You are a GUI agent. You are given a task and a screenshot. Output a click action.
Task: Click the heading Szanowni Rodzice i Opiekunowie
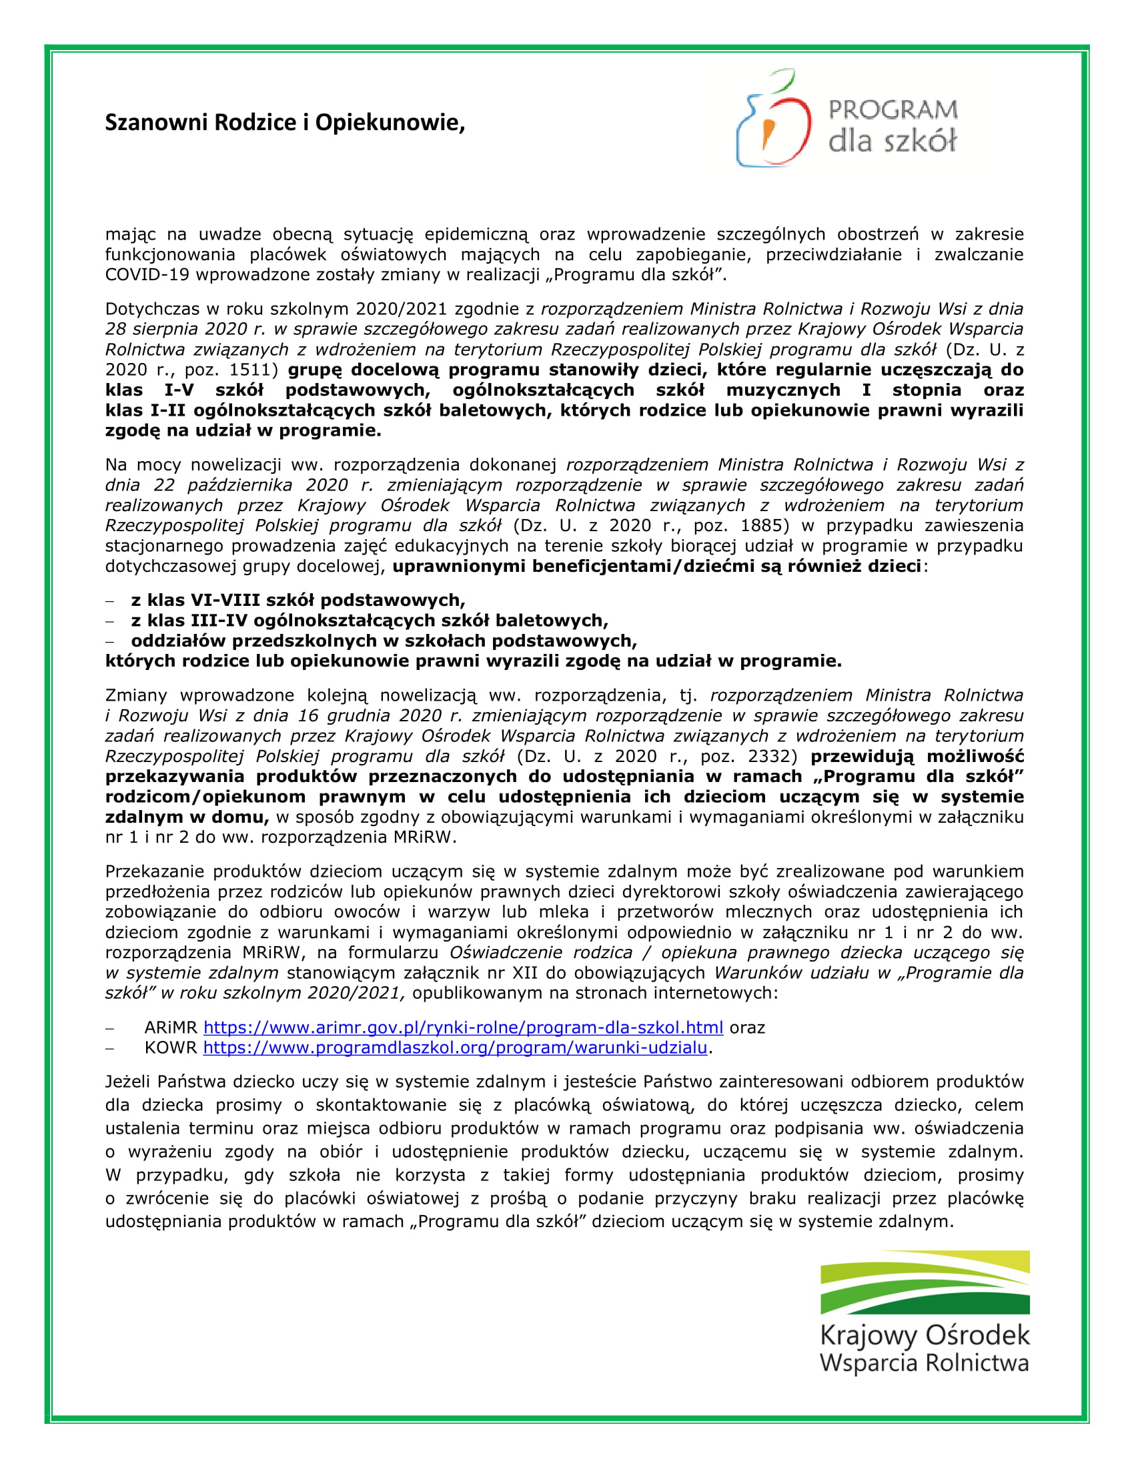[285, 123]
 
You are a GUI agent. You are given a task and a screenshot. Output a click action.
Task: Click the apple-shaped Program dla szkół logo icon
[773, 119]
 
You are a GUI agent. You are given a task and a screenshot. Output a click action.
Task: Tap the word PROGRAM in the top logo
[893, 110]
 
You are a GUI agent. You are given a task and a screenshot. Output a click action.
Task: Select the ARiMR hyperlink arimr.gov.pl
[463, 1027]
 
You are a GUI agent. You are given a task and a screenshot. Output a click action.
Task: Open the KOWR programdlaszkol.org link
[455, 1047]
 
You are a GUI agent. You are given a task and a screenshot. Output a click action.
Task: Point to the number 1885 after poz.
[760, 526]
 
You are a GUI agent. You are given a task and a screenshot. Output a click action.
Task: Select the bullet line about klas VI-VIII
[298, 600]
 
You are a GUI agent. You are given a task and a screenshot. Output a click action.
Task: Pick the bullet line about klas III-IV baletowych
[369, 620]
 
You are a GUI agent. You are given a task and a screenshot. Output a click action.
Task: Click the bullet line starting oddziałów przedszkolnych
[384, 641]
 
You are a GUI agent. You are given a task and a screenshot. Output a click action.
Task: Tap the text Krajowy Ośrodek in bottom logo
[925, 1335]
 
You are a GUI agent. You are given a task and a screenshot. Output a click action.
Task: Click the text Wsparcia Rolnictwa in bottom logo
[925, 1363]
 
